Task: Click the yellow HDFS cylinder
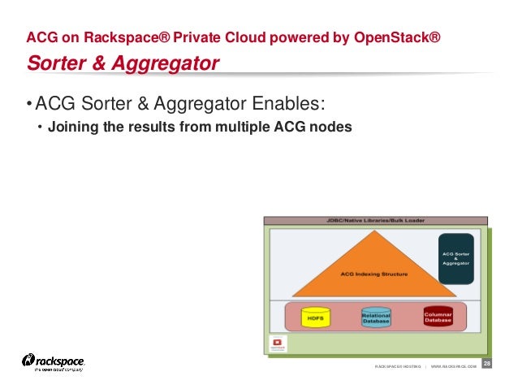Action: coord(316,317)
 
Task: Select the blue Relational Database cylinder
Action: coord(376,317)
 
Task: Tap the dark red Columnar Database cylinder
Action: coord(438,315)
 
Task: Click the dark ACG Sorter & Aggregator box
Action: coord(455,258)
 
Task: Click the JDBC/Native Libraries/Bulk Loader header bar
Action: coord(375,220)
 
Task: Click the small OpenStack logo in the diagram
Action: coord(278,344)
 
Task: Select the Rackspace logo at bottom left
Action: coord(54,362)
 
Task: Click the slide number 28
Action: coord(487,363)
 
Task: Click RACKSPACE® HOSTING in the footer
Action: coord(398,367)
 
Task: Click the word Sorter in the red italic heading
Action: coord(55,63)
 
